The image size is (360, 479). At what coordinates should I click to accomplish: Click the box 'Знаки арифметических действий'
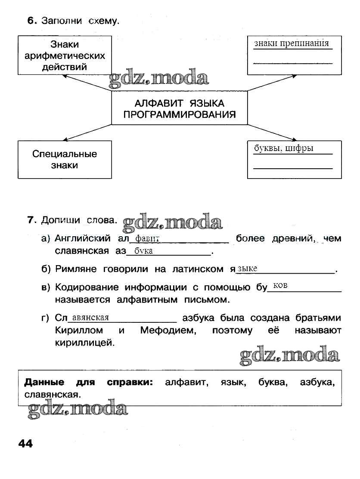point(65,56)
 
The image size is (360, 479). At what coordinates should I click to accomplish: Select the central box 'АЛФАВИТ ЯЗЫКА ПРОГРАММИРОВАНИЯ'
point(180,108)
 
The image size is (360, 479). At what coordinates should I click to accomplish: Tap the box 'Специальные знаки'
point(65,159)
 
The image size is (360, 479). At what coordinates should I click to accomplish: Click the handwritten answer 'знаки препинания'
point(292,43)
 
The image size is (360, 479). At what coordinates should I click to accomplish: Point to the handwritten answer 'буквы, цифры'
point(284,148)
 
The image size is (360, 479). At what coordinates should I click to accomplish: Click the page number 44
point(25,444)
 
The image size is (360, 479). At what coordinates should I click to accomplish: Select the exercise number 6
point(31,21)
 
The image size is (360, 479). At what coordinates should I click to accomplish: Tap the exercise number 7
point(31,220)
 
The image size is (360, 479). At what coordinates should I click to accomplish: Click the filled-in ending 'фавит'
point(147,239)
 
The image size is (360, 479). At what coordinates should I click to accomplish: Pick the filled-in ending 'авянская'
point(90,318)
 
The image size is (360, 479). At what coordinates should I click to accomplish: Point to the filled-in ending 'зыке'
point(248,269)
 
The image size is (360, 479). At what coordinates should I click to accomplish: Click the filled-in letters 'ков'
point(280,286)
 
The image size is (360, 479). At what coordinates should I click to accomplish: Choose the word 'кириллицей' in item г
point(85,343)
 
